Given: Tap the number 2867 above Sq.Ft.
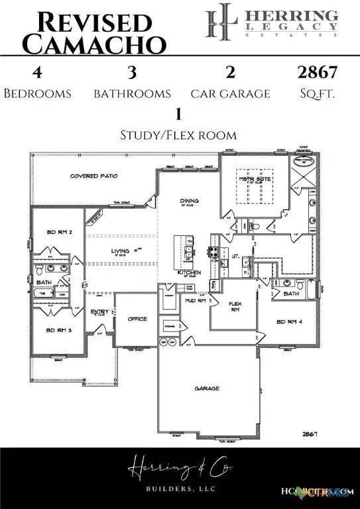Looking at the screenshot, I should [317, 72].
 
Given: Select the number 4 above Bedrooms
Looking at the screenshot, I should [37, 72].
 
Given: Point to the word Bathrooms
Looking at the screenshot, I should [132, 93].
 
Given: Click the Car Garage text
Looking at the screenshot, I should [230, 93].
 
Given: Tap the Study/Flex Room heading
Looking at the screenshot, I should [178, 135].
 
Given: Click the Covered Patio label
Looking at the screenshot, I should [93, 176].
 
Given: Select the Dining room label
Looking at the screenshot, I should [190, 200].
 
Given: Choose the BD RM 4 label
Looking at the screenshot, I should [290, 321].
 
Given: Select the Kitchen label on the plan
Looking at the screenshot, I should [189, 272].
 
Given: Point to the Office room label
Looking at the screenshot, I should [137, 319].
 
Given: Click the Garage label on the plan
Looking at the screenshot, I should [207, 388].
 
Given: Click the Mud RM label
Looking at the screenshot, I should [196, 301].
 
